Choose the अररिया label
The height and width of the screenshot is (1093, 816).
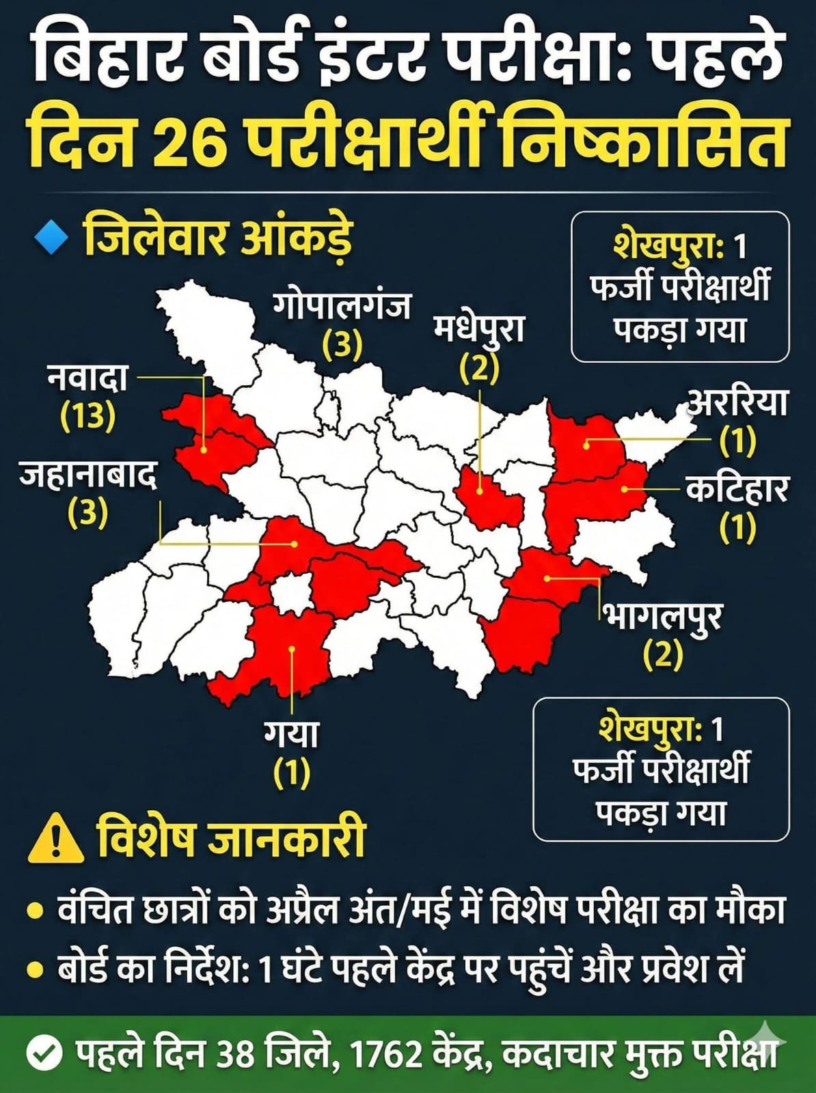(x=737, y=403)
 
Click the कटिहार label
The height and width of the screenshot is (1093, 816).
(x=737, y=490)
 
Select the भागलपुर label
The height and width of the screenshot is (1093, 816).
(x=662, y=618)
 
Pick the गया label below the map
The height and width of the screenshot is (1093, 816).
(x=292, y=735)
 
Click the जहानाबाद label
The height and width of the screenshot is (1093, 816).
(x=88, y=477)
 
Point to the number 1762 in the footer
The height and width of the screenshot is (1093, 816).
(x=387, y=1055)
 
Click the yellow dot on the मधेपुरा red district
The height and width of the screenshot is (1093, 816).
(x=480, y=490)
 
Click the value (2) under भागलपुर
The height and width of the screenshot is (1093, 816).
(x=662, y=655)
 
